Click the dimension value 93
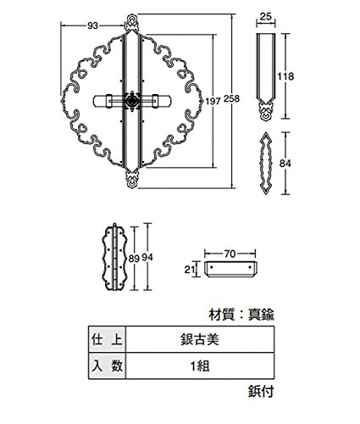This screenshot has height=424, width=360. tap(92, 25)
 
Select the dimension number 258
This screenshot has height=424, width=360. tap(231, 98)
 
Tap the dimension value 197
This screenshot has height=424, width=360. tap(213, 101)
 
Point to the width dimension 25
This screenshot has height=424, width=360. tap(265, 17)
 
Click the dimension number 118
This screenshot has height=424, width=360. tap(285, 76)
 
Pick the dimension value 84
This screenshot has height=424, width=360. tap(285, 164)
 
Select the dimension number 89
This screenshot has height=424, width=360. tap(134, 258)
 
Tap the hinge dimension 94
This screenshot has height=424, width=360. tap(147, 257)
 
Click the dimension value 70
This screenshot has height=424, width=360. tap(230, 254)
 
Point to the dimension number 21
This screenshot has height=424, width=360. tap(189, 270)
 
